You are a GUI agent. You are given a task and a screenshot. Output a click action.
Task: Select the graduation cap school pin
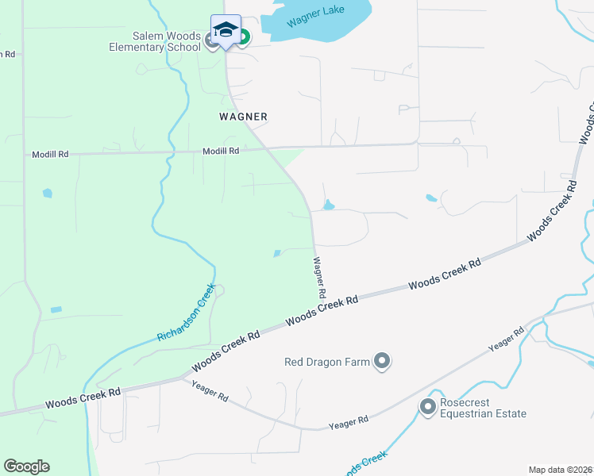[x=226, y=30]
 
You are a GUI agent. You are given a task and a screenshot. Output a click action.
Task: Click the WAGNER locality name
[x=243, y=117]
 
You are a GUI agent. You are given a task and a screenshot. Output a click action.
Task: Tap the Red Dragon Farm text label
[x=327, y=363]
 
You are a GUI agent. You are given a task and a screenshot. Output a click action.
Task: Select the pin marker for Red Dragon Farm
[x=382, y=362]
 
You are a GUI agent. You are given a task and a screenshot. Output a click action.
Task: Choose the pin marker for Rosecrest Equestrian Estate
[x=428, y=407]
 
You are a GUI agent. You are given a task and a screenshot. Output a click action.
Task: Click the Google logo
[x=26, y=466]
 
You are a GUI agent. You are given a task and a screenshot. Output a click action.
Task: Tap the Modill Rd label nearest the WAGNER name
[x=221, y=150]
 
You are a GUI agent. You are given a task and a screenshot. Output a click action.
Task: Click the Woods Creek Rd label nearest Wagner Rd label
[x=322, y=309]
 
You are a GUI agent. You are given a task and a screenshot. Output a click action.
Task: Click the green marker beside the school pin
[x=243, y=36]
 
